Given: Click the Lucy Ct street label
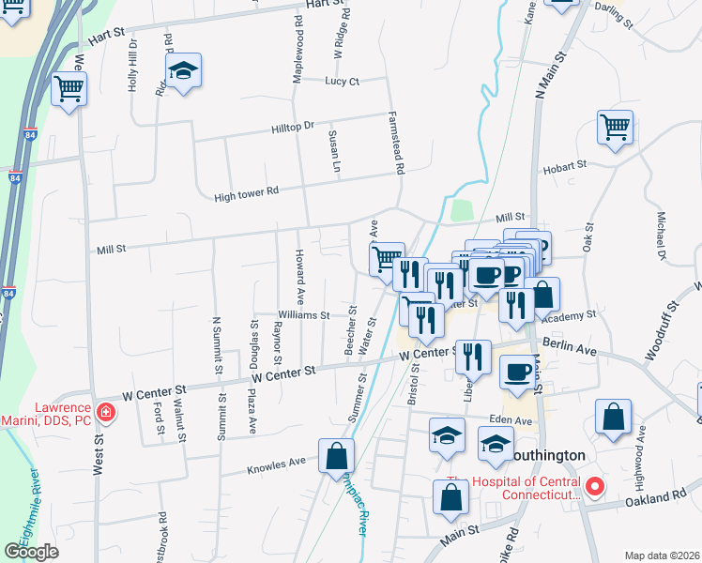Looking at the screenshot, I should click(342, 82).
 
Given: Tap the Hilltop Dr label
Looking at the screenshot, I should click(292, 126).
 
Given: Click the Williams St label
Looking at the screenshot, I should click(304, 315).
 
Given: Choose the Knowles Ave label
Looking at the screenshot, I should click(276, 463).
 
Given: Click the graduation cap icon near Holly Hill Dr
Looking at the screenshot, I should click(184, 70).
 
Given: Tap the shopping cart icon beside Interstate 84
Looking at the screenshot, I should click(69, 89).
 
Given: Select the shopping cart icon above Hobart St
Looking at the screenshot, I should click(615, 127).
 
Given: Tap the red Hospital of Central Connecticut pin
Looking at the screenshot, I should click(594, 487).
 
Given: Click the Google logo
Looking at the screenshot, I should click(32, 551).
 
